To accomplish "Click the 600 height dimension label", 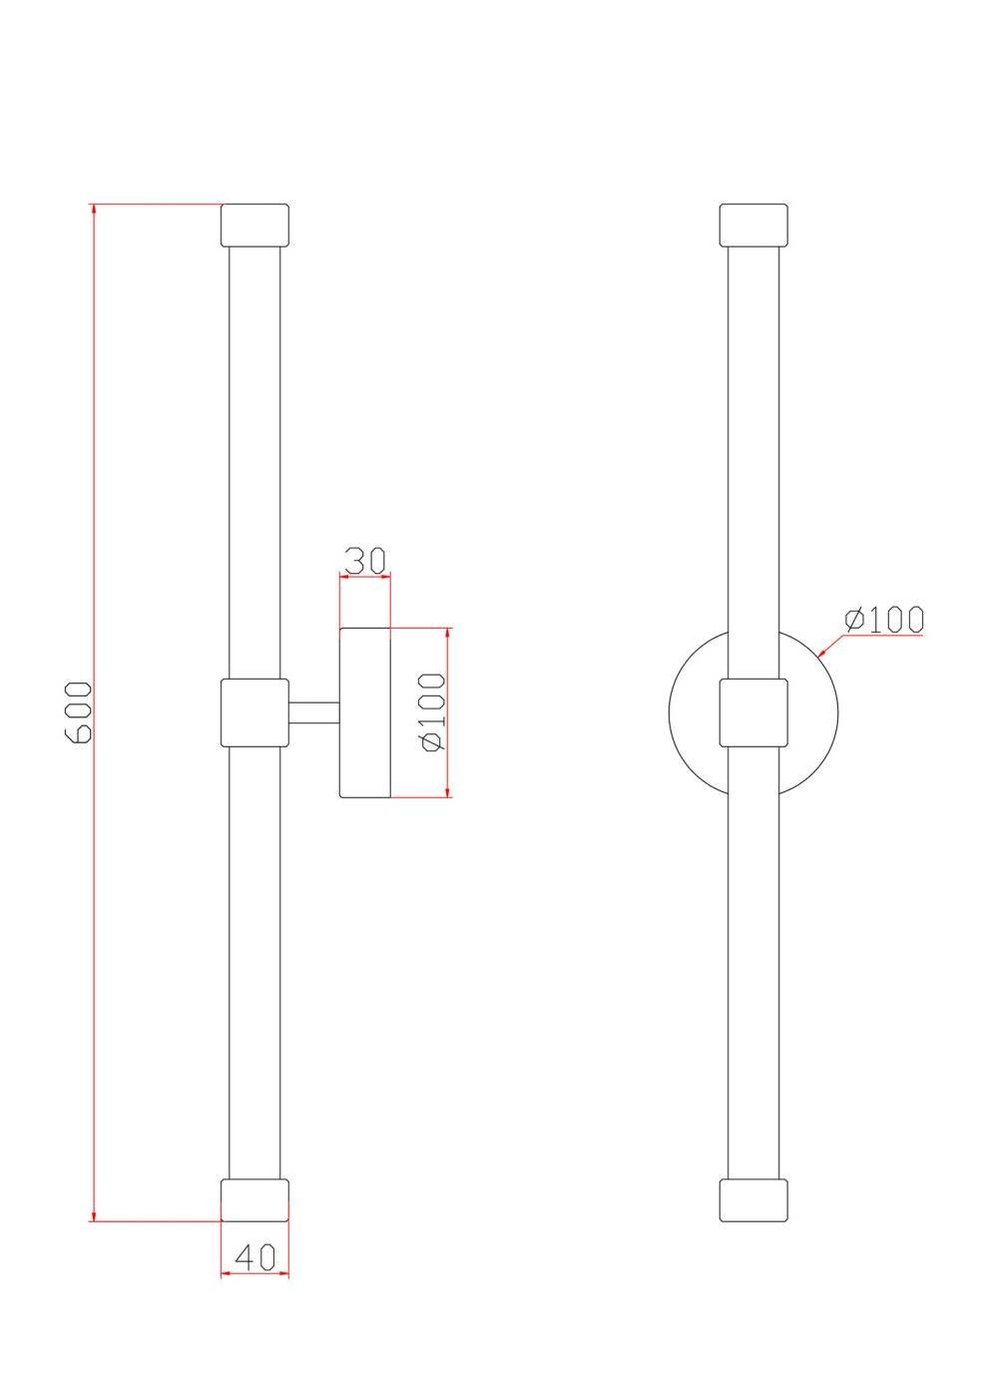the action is (x=78, y=712).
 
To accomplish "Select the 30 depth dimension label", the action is (x=365, y=561).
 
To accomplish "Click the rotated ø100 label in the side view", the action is (x=433, y=712).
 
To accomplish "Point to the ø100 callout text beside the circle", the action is (x=884, y=620).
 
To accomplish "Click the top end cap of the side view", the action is (x=254, y=226).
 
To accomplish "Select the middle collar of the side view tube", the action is (x=254, y=712).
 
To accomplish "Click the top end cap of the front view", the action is (x=753, y=226).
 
